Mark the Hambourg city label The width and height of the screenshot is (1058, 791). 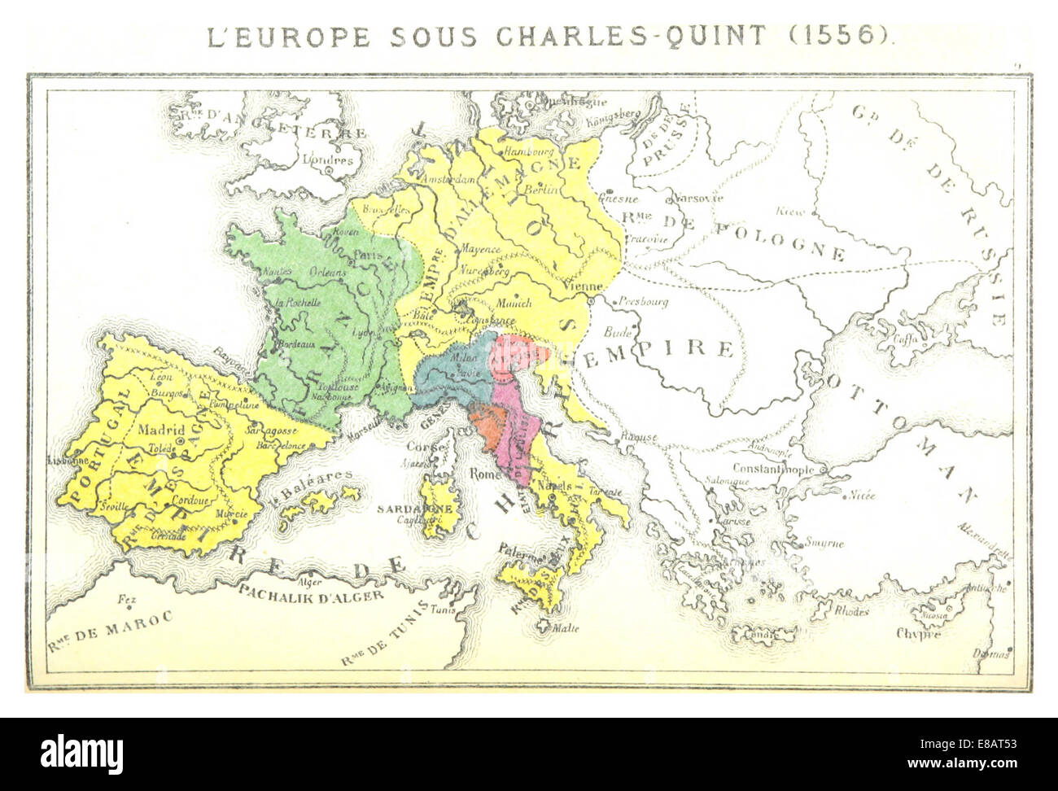coord(528,151)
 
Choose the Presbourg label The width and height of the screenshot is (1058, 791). coord(643,300)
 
